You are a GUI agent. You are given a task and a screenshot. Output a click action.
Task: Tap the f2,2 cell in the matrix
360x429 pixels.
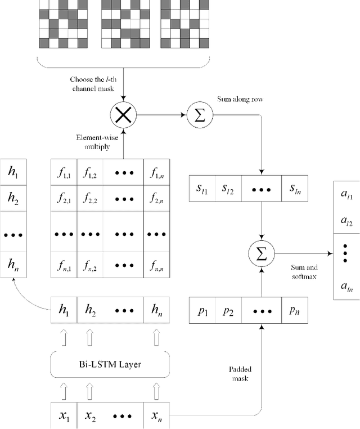click(89, 197)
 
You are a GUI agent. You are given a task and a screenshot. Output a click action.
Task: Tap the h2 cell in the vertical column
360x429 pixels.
click(13, 198)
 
